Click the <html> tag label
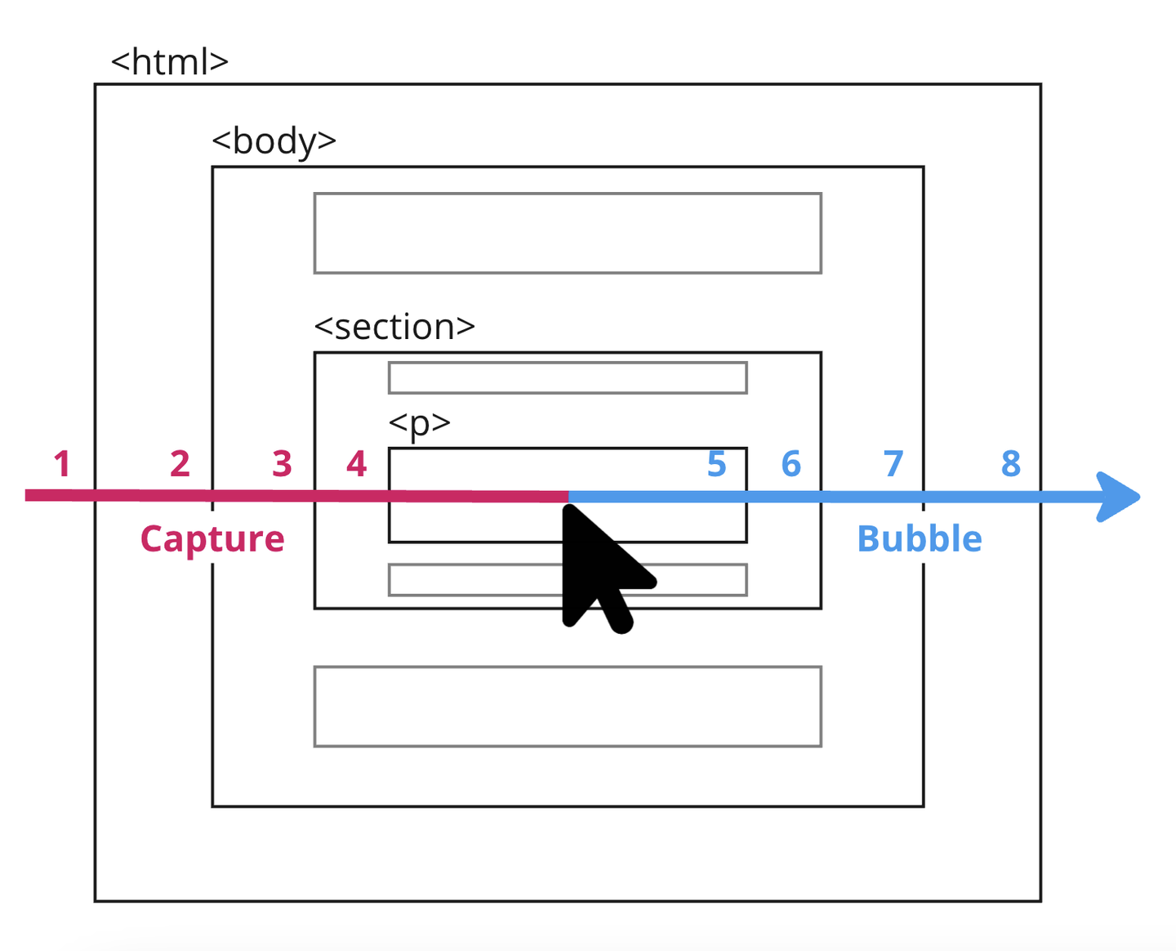[169, 62]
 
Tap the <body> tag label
[274, 141]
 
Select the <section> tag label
[394, 327]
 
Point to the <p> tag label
[419, 423]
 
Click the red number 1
[62, 464]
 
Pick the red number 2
[180, 464]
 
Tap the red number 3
[282, 464]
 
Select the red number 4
[356, 464]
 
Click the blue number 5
[716, 464]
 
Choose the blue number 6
[791, 464]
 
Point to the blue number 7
[893, 464]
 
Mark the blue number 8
[1011, 464]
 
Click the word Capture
[212, 539]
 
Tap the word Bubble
[919, 539]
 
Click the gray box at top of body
[568, 233]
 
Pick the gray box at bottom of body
[568, 707]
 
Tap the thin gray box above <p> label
[568, 377]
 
